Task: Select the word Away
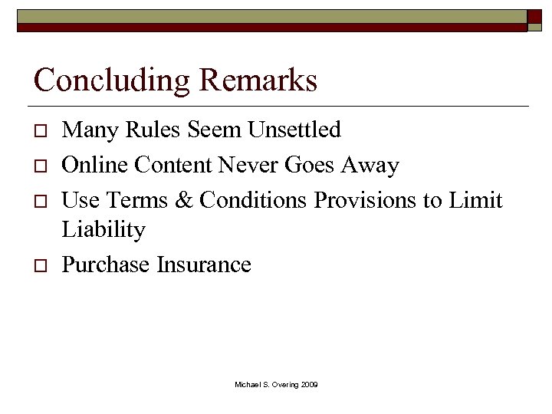pyautogui.click(x=372, y=165)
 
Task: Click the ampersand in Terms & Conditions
pyautogui.click(x=184, y=200)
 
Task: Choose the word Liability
pyautogui.click(x=103, y=229)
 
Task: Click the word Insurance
pyautogui.click(x=204, y=264)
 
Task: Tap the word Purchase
pyautogui.click(x=106, y=264)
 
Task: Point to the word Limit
pyautogui.click(x=475, y=200)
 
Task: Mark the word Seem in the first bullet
pyautogui.click(x=215, y=130)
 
